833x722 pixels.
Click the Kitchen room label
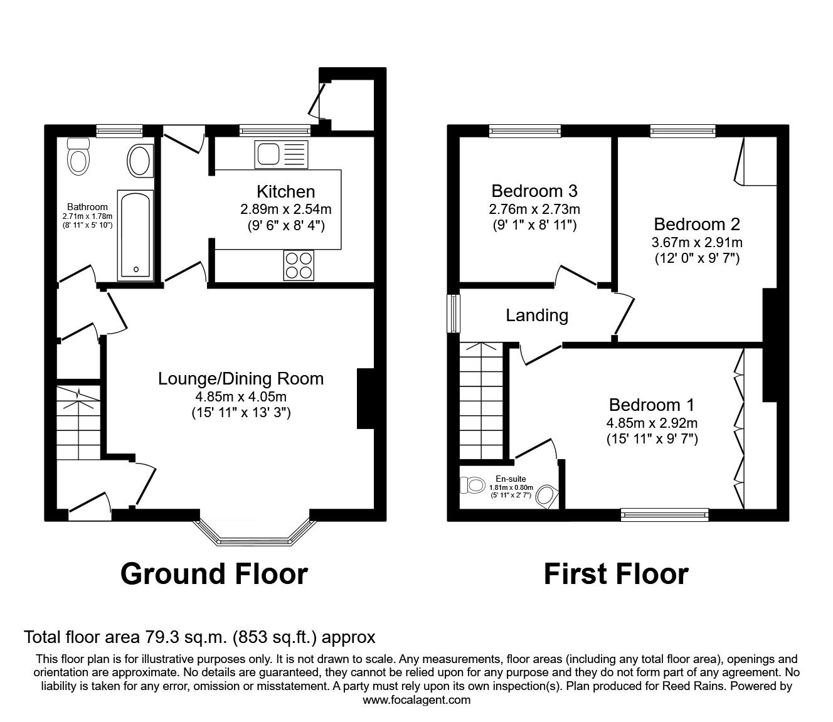(285, 191)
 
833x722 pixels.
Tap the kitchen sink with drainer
(281, 154)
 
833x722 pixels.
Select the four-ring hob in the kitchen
(299, 265)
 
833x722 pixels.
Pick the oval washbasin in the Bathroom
(139, 161)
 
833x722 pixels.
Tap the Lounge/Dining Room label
(241, 378)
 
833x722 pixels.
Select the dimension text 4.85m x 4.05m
(241, 396)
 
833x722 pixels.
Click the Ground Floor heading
(214, 573)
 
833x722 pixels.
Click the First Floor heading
(616, 573)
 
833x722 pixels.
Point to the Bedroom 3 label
(534, 190)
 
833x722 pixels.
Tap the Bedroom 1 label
(651, 405)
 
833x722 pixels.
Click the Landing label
(537, 315)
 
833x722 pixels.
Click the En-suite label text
(511, 479)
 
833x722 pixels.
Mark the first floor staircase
(481, 401)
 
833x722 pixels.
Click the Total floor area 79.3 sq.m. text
(199, 637)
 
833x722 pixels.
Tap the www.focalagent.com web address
(416, 700)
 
